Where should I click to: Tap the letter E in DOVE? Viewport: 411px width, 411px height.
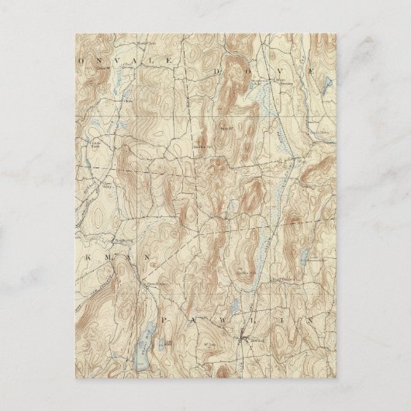(312, 70)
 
